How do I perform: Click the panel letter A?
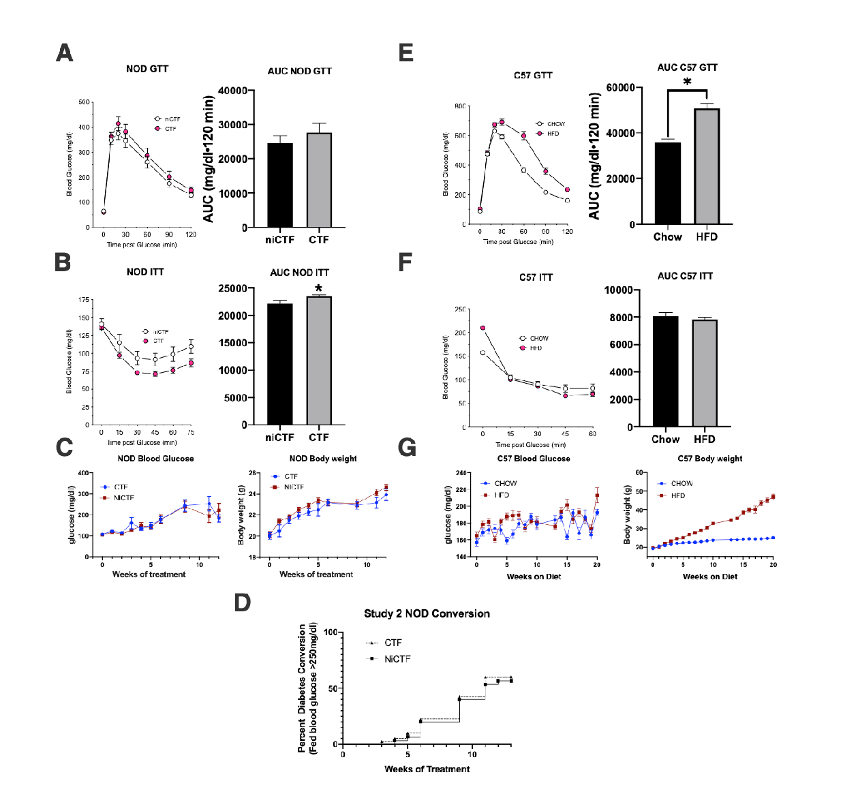coord(65,52)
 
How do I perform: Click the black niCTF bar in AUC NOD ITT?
coord(279,363)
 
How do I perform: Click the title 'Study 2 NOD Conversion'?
coord(427,613)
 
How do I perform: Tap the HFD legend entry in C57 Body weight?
coord(677,495)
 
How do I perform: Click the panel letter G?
coord(407,448)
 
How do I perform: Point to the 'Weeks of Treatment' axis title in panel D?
coord(427,769)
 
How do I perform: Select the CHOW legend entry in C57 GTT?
coord(555,124)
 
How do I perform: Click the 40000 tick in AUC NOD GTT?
coord(232,91)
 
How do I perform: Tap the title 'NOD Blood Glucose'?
coord(155,459)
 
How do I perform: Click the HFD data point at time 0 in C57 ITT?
coord(482,328)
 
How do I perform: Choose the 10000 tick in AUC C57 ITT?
coord(618,290)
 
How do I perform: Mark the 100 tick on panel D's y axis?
coord(330,632)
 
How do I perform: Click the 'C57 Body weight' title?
coord(709,459)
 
